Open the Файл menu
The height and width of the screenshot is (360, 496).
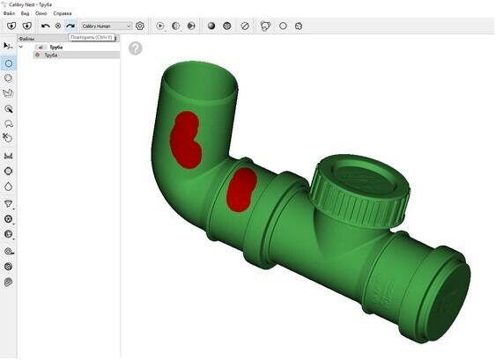(x=9, y=14)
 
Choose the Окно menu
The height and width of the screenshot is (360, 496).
(x=41, y=14)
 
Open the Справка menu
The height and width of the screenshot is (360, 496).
(x=63, y=14)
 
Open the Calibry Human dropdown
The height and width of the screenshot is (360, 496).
(x=106, y=26)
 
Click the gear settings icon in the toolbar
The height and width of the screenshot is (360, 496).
(x=139, y=26)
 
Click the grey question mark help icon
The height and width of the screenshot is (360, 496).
(x=135, y=48)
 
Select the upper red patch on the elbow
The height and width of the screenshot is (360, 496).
(x=186, y=139)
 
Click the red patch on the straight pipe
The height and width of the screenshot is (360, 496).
(x=241, y=188)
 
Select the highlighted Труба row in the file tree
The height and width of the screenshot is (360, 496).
(x=51, y=55)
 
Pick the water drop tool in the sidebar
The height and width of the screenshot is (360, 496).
(x=9, y=187)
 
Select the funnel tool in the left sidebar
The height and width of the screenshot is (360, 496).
(x=9, y=202)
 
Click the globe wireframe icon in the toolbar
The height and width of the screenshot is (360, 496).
(x=226, y=26)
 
